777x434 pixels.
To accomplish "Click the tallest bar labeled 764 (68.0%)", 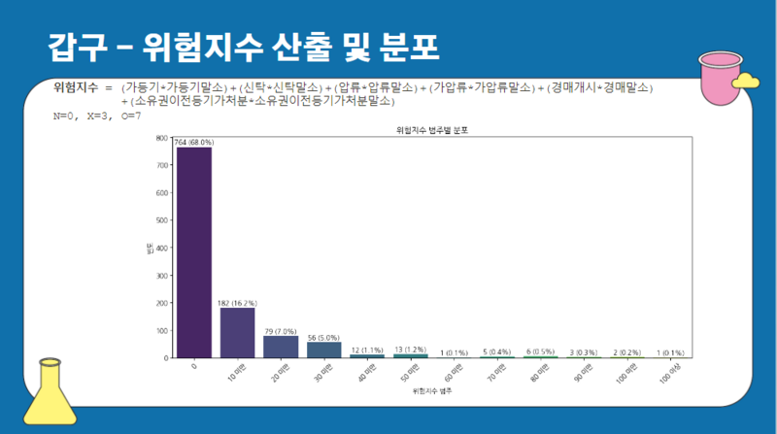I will (193, 252).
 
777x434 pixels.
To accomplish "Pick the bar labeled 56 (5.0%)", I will (323, 350).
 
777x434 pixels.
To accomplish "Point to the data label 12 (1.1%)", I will (367, 350).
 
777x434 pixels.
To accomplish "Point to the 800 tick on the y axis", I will (162, 138).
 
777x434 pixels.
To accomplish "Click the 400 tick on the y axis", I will (162, 248).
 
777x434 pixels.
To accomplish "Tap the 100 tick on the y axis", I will (162, 330).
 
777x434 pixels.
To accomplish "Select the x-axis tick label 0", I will (194, 366).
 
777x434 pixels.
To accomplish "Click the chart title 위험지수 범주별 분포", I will (431, 129).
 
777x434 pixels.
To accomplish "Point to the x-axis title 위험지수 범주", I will (431, 390).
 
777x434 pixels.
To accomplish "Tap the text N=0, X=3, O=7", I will (97, 116).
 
